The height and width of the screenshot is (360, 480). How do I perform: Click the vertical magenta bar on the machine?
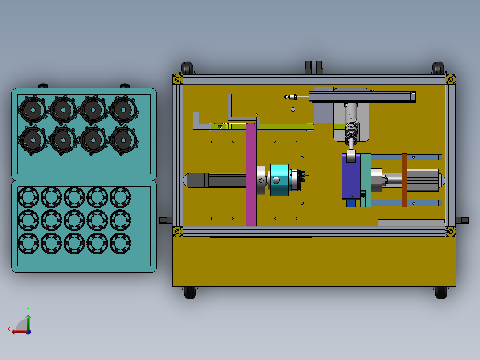point(251,175)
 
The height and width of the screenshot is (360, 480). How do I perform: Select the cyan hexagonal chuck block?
point(279,180)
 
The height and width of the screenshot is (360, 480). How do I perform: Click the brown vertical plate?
point(404,180)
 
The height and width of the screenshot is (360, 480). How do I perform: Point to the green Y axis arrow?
point(28,321)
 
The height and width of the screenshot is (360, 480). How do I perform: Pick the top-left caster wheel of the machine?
point(187,68)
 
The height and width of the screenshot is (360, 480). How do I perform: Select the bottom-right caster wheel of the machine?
point(441,292)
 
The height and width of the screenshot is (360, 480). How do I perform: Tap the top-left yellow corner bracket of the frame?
point(178,79)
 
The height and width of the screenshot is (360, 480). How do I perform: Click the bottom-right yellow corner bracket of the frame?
point(450,232)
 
